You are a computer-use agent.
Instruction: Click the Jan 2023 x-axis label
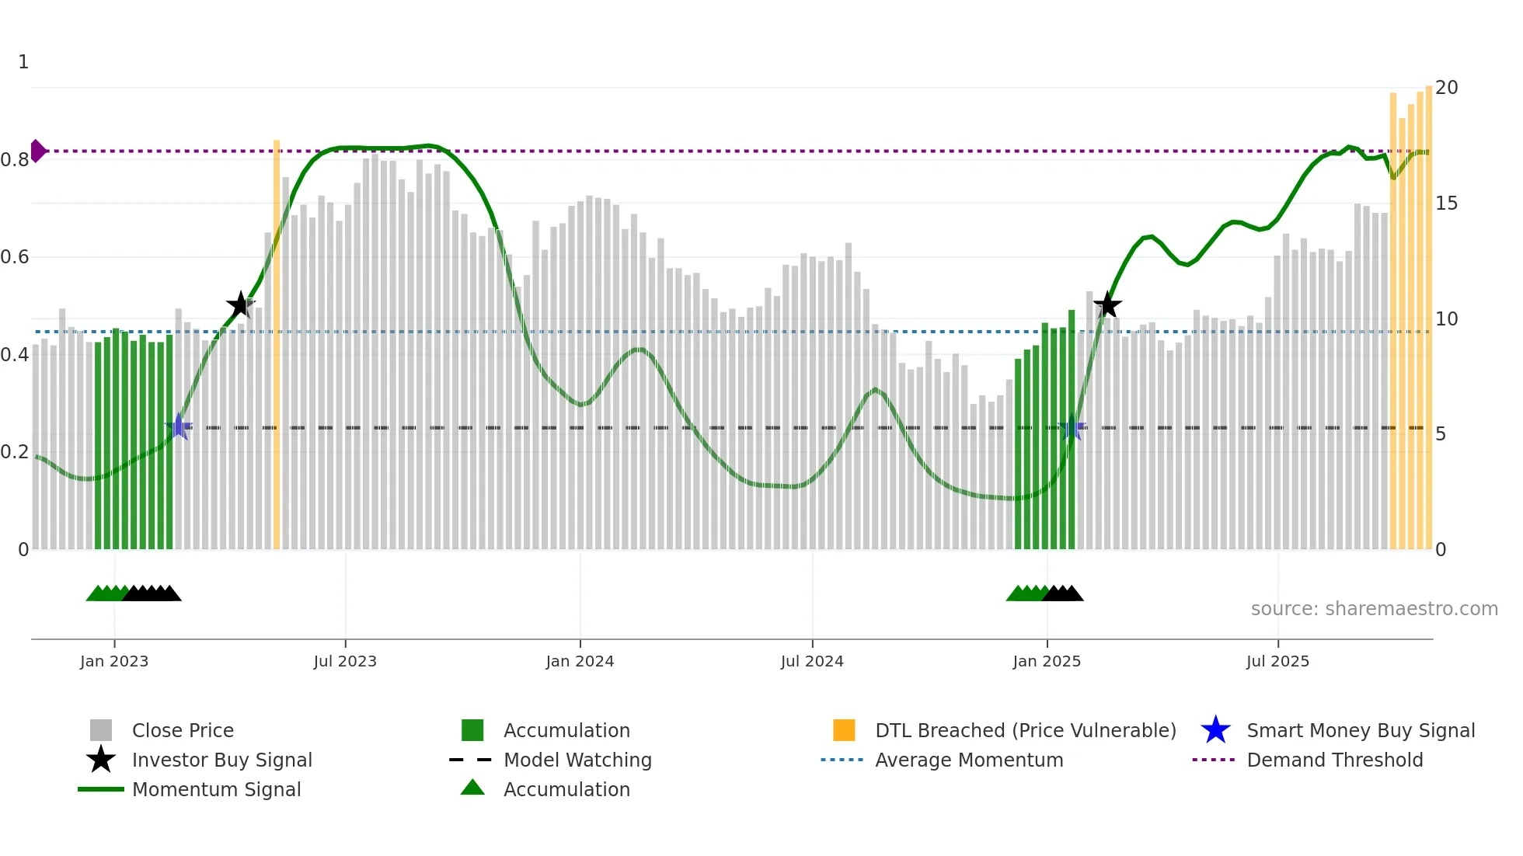(x=114, y=661)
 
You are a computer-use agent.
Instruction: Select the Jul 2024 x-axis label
(x=812, y=661)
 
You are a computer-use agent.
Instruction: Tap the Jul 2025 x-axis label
(x=1277, y=661)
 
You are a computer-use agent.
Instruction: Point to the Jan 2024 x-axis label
(x=580, y=661)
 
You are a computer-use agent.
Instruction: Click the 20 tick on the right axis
(x=1446, y=88)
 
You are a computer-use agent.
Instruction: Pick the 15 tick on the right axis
(x=1446, y=204)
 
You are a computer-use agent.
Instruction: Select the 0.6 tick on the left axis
(x=16, y=257)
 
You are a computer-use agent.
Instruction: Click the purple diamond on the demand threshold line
(x=37, y=151)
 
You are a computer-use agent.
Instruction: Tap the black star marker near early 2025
(x=1107, y=305)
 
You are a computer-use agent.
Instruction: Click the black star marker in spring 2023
(x=241, y=305)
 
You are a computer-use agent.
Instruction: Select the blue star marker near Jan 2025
(x=1072, y=427)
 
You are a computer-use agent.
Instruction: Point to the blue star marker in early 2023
(x=179, y=427)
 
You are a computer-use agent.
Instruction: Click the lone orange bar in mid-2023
(x=277, y=342)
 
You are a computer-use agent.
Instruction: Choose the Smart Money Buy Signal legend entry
(x=1360, y=730)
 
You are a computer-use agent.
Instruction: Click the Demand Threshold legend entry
(x=1334, y=760)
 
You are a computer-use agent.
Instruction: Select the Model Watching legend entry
(x=577, y=760)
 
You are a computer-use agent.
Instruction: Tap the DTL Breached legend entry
(x=1025, y=730)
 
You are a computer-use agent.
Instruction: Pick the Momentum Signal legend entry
(x=216, y=789)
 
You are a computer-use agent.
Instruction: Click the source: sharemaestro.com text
(x=1374, y=609)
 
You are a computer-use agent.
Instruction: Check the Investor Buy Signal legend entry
(x=221, y=760)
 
